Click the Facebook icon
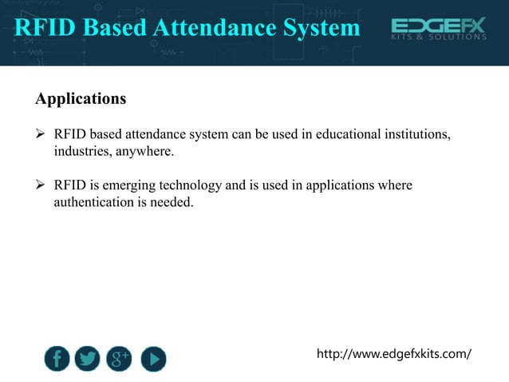tap(57, 359)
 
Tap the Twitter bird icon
tap(88, 359)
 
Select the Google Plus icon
tap(120, 359)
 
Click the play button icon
tap(153, 359)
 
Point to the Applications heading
tap(81, 100)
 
